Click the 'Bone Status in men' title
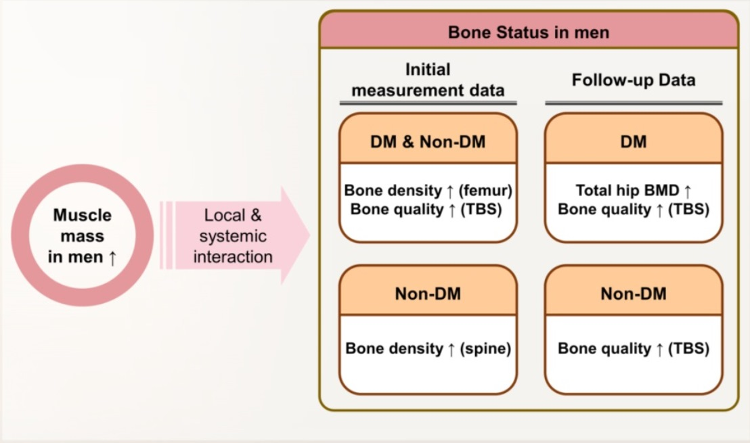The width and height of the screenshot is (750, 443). coord(528,32)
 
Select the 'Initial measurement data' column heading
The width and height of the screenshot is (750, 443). coord(428,80)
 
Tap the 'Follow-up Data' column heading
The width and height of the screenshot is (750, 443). coord(633,80)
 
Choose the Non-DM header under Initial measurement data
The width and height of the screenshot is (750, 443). coord(428,294)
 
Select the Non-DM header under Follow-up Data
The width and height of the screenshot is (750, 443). coord(633,294)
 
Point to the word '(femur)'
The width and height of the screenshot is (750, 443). coord(485,191)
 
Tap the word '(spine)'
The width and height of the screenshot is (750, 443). coord(485,349)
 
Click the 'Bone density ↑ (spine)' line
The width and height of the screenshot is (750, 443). coord(428,349)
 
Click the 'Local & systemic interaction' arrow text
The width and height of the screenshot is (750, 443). coord(233,236)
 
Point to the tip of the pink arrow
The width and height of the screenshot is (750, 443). coord(308,235)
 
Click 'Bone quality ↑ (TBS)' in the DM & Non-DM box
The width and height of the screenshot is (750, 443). coord(426,210)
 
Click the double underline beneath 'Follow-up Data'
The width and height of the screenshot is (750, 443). coord(633,103)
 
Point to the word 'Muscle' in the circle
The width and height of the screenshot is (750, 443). coord(82,216)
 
